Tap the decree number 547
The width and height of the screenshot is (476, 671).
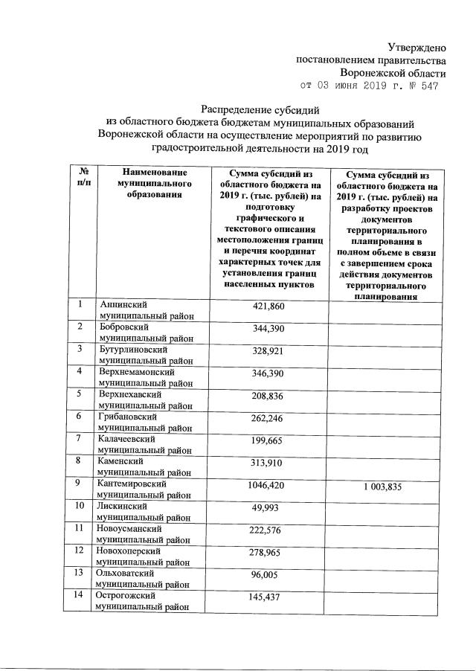[x=429, y=86]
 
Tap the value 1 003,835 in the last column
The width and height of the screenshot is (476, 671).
[x=387, y=487]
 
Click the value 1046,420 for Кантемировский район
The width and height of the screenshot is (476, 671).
[x=268, y=485]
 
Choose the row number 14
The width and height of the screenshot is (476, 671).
[x=79, y=596]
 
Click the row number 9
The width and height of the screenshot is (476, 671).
[x=79, y=484]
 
